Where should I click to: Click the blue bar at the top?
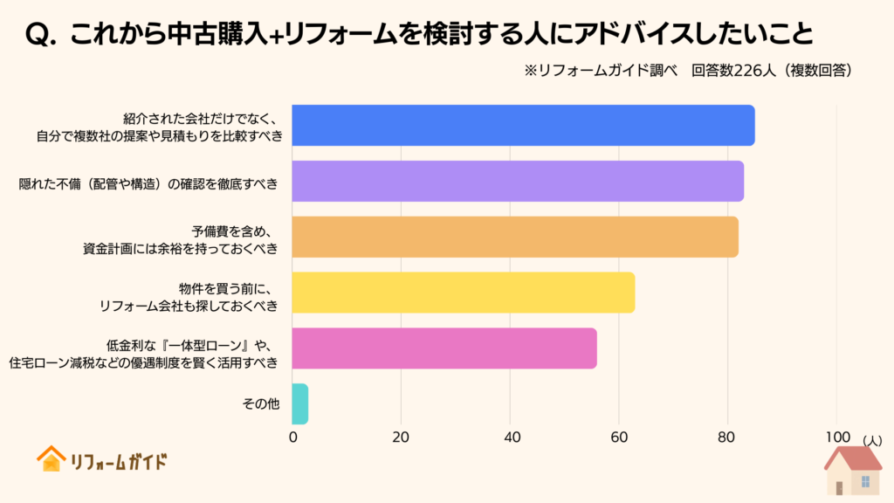tap(523, 125)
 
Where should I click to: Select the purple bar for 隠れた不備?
tap(518, 181)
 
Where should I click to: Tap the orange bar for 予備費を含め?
tap(515, 237)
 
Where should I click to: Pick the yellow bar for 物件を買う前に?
tap(464, 293)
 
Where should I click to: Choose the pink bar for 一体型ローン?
tap(444, 348)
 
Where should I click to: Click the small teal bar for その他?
tap(299, 403)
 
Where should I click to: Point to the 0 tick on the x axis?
tap(292, 437)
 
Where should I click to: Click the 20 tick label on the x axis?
tap(401, 437)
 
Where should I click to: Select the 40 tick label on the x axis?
tap(510, 437)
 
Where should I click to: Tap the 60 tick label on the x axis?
tap(619, 437)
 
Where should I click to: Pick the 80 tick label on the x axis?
tap(727, 437)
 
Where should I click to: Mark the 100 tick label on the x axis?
tap(836, 437)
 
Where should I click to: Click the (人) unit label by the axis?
tap(871, 443)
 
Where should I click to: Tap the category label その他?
tap(259, 404)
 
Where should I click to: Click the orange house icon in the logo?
tap(51, 459)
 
